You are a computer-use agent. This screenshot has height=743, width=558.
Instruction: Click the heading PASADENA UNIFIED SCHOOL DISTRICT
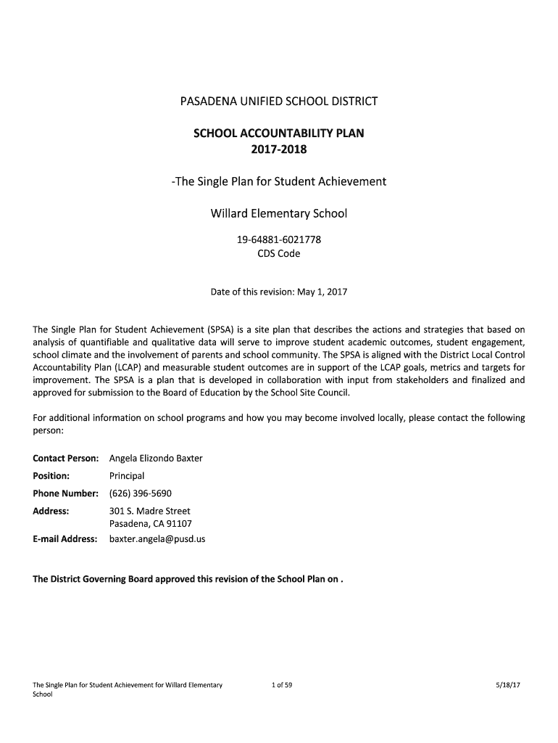pos(279,101)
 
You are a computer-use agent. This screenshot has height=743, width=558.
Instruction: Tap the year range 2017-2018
pos(278,149)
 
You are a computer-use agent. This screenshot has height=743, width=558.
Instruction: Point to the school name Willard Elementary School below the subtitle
pos(278,213)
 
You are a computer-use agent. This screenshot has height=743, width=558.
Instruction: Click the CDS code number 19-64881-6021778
pos(278,239)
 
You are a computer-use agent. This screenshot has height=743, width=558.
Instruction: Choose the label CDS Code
pos(278,254)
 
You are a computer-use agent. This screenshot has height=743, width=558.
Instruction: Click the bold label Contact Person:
pos(65,459)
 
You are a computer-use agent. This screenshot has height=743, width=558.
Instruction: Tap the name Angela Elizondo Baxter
pos(156,459)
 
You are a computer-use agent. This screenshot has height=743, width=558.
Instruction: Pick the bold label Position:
pos(51,476)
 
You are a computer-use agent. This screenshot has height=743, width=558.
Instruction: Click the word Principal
pos(127,476)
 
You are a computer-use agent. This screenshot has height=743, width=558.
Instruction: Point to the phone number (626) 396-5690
pos(140,493)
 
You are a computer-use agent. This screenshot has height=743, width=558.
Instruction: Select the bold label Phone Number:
pos(65,493)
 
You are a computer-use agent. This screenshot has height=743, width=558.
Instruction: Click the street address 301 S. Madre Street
pos(149,511)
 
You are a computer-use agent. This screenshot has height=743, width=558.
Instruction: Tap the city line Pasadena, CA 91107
pos(150,523)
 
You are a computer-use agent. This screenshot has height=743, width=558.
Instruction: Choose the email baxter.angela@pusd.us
pos(157,539)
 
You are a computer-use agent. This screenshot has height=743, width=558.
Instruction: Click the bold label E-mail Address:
pos(65,539)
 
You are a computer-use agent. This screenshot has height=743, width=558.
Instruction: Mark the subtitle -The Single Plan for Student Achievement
pos(279,181)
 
